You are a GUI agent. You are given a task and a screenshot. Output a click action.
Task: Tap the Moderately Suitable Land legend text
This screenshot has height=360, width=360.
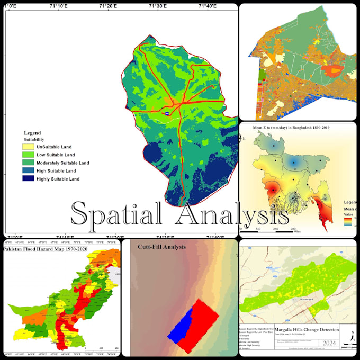[62, 163]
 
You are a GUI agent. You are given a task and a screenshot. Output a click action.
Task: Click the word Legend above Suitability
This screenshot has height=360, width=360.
[32, 133]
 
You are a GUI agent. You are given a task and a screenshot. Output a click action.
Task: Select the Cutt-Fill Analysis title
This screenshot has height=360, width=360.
[158, 246]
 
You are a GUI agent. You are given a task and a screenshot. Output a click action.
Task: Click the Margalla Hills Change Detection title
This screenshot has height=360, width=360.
[307, 329]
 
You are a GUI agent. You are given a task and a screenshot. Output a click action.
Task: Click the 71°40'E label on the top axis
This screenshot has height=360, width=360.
[207, 6]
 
